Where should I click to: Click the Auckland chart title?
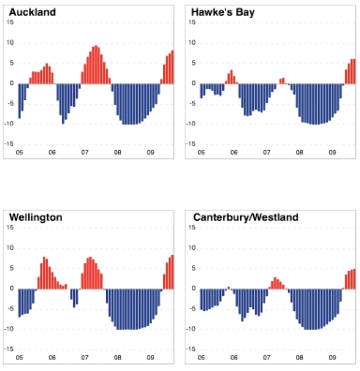click(32, 12)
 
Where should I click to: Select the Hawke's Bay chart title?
click(223, 12)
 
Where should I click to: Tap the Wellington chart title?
click(36, 218)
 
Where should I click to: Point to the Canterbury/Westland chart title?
click(245, 218)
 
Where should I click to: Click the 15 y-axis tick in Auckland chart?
click(12, 22)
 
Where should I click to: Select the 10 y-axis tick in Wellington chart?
click(12, 248)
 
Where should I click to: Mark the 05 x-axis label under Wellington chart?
click(19, 358)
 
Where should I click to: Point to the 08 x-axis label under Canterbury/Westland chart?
click(299, 358)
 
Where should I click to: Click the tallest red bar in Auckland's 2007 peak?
click(95, 64)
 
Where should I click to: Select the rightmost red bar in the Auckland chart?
click(172, 67)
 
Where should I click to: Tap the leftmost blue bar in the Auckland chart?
click(19, 100)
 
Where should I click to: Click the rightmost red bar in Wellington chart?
click(172, 272)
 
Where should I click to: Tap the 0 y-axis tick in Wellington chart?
click(13, 288)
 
